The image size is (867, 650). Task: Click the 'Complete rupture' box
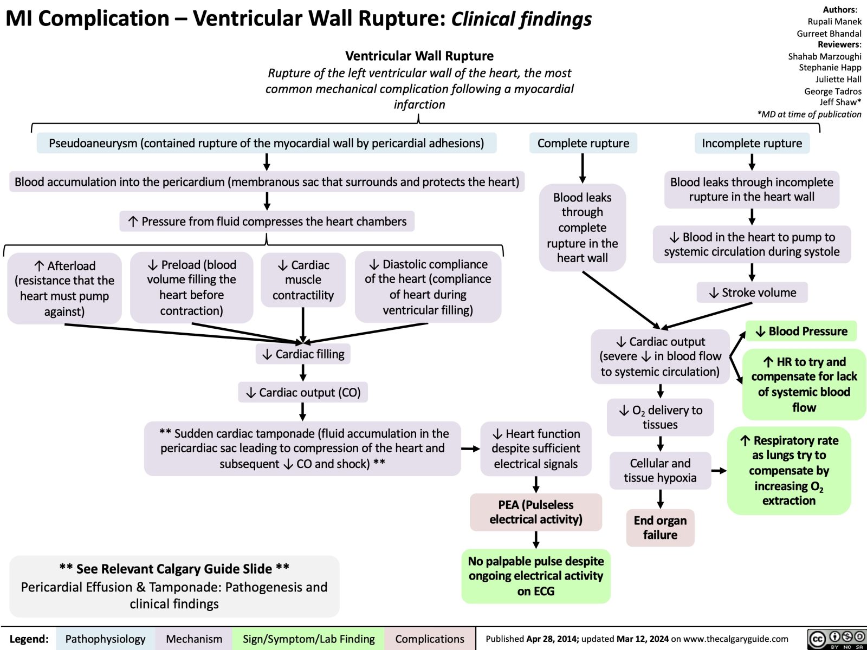tap(583, 143)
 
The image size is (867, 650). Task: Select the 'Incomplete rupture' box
tap(752, 143)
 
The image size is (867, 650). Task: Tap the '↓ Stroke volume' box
tap(752, 292)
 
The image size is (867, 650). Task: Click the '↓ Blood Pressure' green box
tap(801, 331)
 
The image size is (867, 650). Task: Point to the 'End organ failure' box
tap(660, 528)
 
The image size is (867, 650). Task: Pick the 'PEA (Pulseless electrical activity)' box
tap(536, 512)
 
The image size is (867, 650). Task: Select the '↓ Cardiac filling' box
tap(303, 354)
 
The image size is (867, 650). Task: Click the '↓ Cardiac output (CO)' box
tap(303, 392)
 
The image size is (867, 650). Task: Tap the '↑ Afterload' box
tap(64, 288)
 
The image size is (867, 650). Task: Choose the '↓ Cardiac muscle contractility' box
tap(303, 280)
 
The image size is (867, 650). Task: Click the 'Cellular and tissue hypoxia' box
tap(660, 470)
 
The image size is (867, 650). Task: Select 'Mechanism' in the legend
tap(194, 639)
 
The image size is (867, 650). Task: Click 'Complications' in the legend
tap(430, 639)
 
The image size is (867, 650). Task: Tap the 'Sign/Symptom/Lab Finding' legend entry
tap(308, 639)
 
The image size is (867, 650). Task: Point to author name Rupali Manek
tap(834, 22)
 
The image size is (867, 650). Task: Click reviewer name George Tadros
tap(832, 91)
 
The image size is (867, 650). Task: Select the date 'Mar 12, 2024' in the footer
tap(642, 639)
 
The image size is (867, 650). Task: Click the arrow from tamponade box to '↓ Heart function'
tap(470, 448)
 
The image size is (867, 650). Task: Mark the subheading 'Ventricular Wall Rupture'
tap(419, 56)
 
